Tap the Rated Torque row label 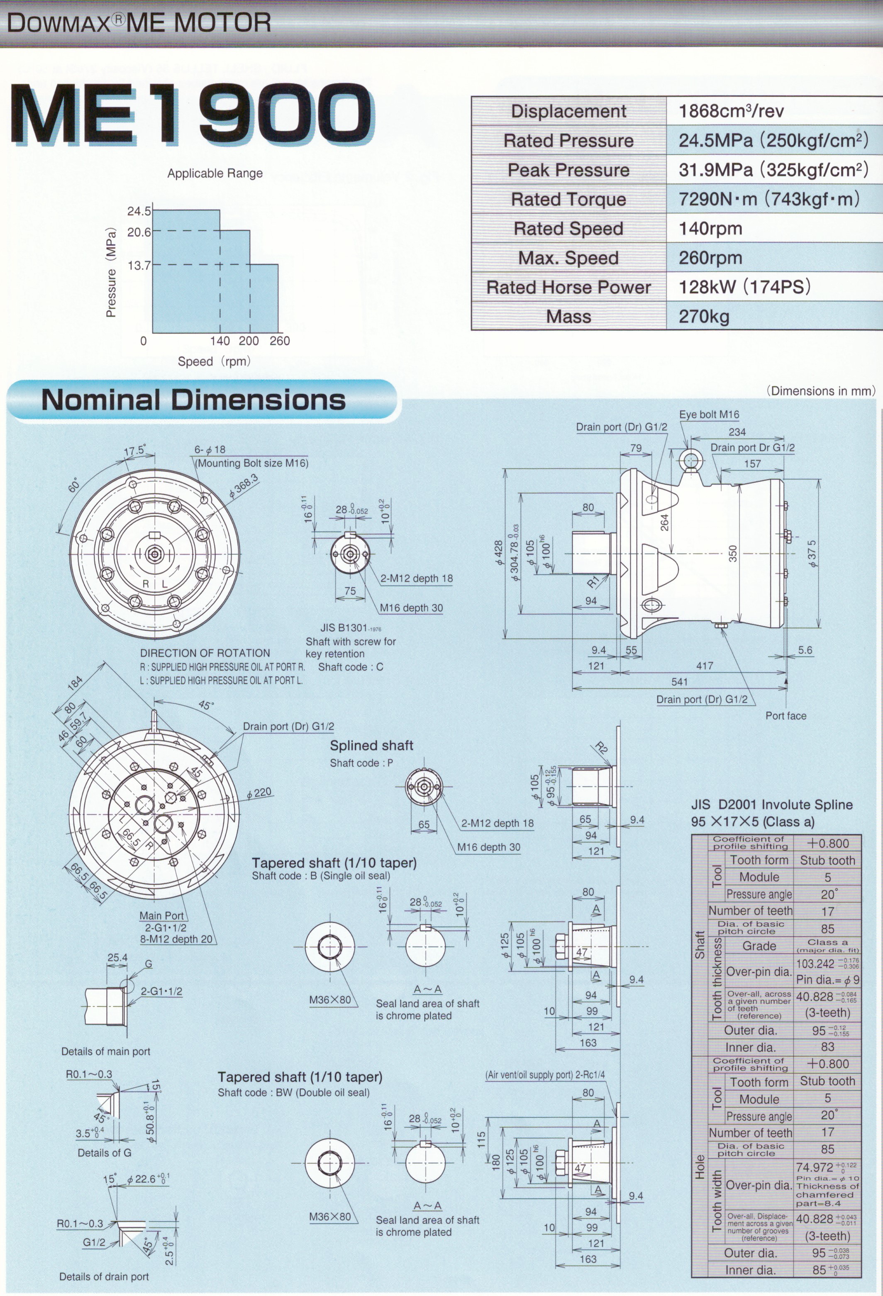click(x=568, y=199)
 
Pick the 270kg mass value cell click(x=774, y=316)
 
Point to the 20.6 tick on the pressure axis click(x=139, y=232)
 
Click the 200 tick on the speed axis click(x=249, y=341)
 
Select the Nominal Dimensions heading click(x=193, y=400)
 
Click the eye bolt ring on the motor click(x=690, y=461)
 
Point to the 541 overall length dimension click(x=679, y=681)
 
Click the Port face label click(x=785, y=715)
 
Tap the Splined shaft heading click(x=371, y=746)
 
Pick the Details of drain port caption click(x=104, y=1276)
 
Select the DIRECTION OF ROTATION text click(x=205, y=653)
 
